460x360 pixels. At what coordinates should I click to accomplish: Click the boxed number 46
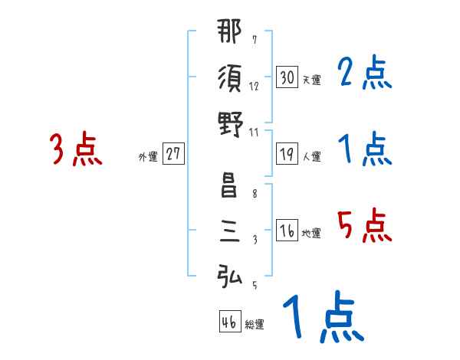[x=228, y=323]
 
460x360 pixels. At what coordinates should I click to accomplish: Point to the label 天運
[x=311, y=80]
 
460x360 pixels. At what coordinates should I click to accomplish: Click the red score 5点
[x=364, y=226]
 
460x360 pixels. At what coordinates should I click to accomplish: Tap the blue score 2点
[x=364, y=74]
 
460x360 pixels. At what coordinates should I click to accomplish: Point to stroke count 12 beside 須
[x=253, y=87]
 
